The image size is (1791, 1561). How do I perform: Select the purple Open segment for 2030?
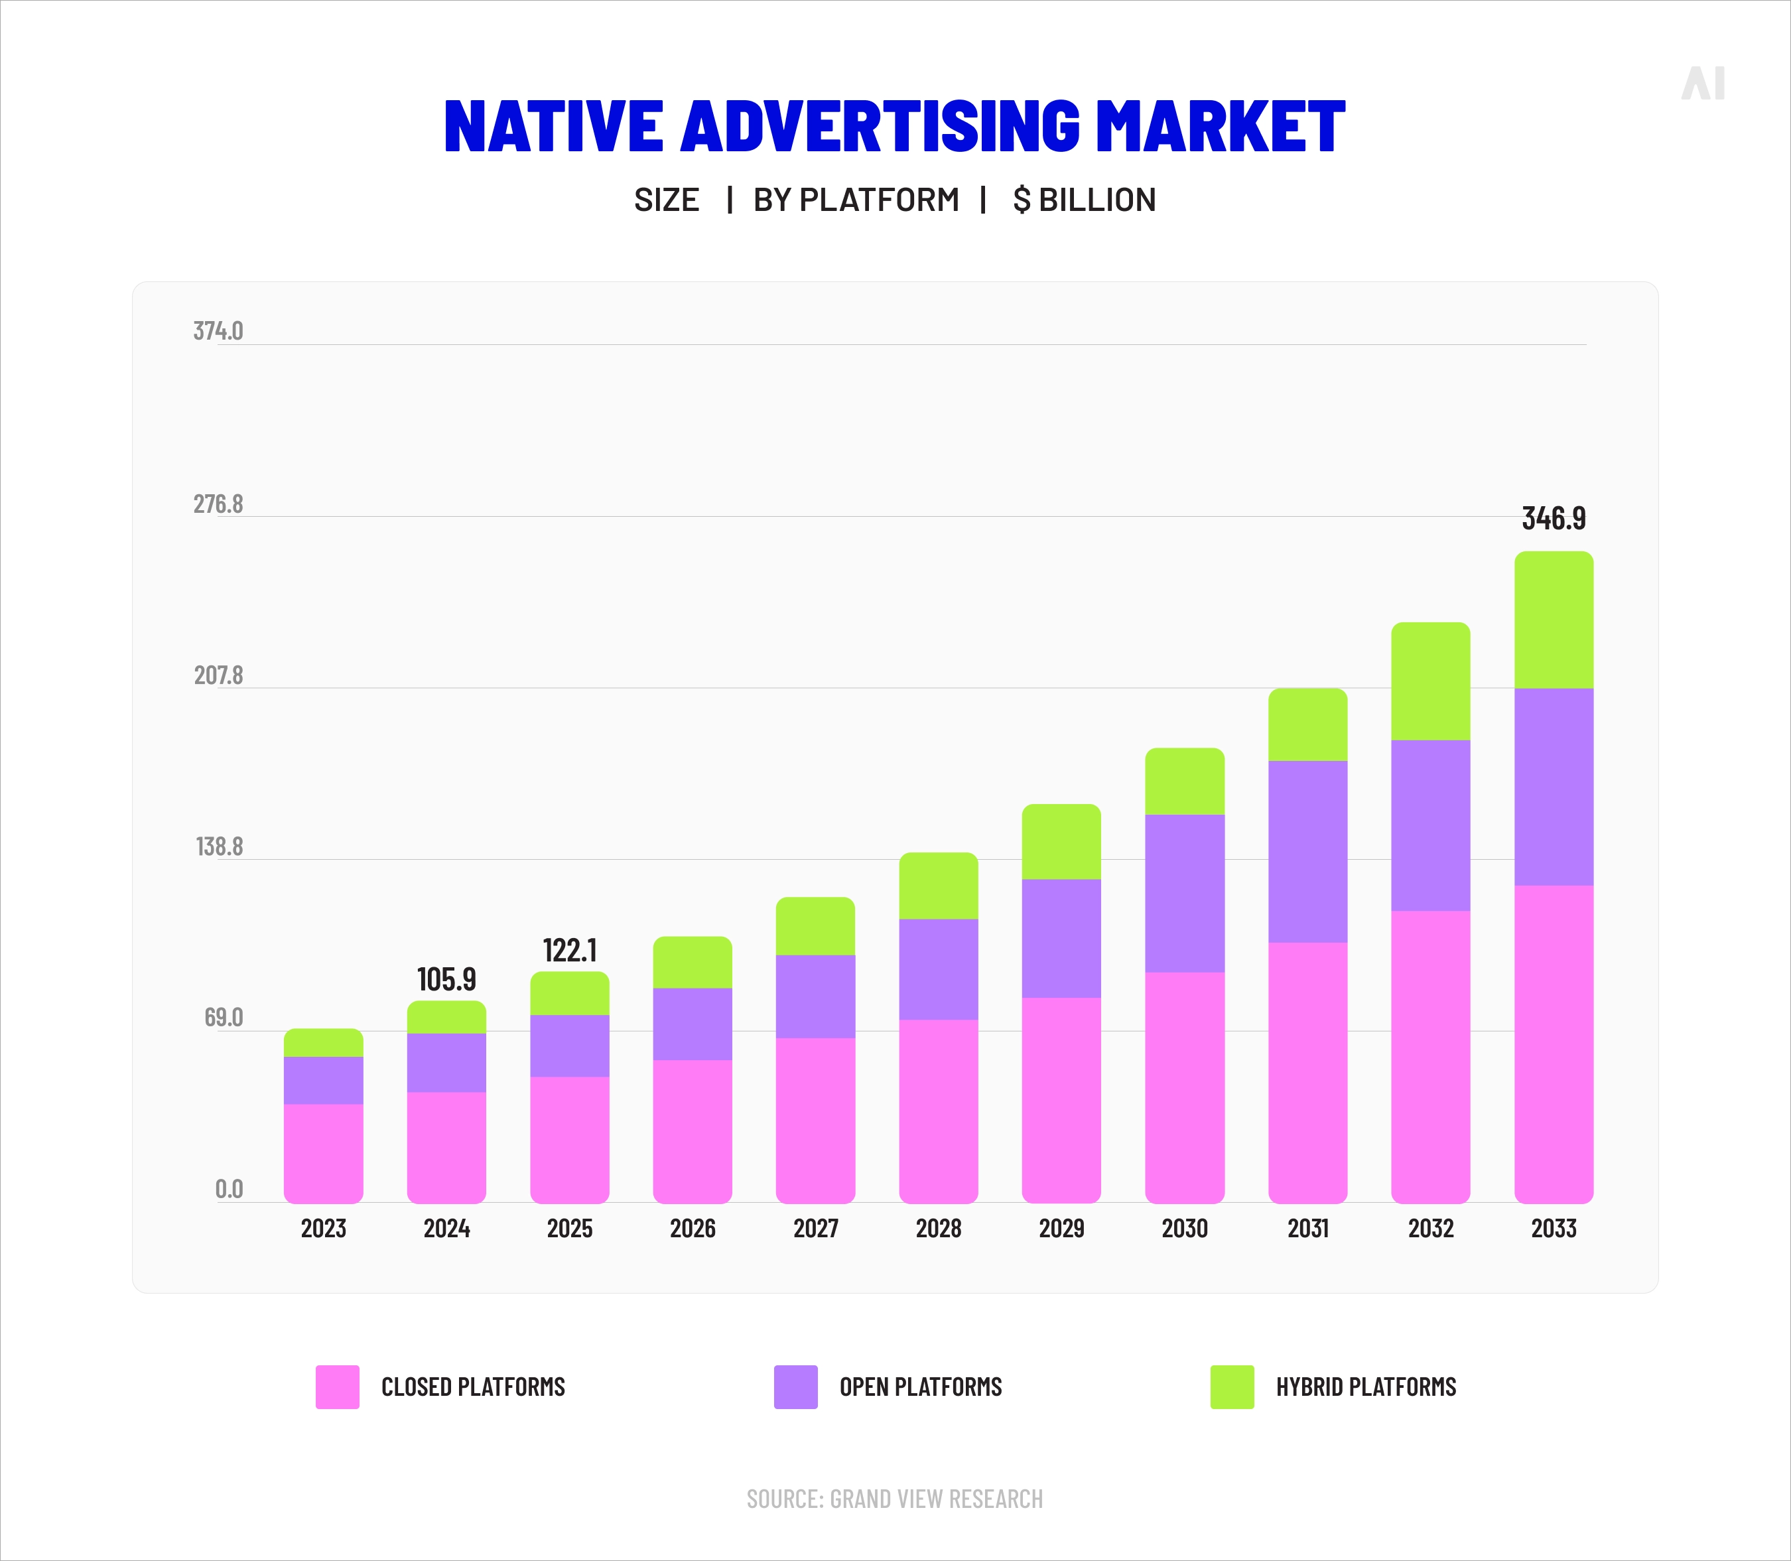tap(1184, 893)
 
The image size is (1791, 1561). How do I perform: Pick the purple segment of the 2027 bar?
tap(815, 996)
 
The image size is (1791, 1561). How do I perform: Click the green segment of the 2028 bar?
tap(938, 885)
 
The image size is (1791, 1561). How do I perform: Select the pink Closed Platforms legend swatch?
tap(337, 1387)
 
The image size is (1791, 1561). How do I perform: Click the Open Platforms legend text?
tap(920, 1387)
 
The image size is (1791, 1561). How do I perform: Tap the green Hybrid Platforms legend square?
tap(1232, 1387)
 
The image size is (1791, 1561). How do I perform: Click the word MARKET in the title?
tap(1220, 126)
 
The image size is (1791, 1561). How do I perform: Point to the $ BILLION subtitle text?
tap(1084, 200)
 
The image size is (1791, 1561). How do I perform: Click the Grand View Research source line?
tap(895, 1498)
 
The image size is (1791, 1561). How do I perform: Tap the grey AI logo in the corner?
tap(1702, 84)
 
